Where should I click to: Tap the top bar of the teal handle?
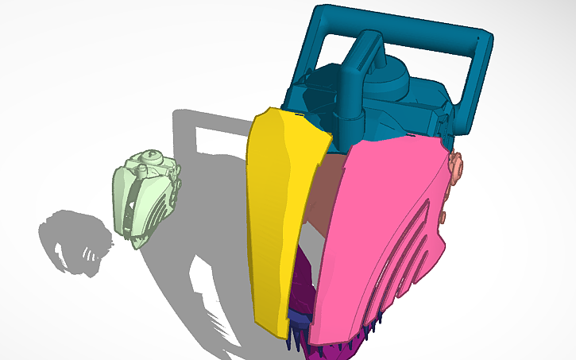click(397, 24)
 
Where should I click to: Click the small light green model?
click(143, 199)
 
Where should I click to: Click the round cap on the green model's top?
click(148, 157)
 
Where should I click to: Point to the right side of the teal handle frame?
click(477, 79)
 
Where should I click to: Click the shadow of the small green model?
click(75, 242)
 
